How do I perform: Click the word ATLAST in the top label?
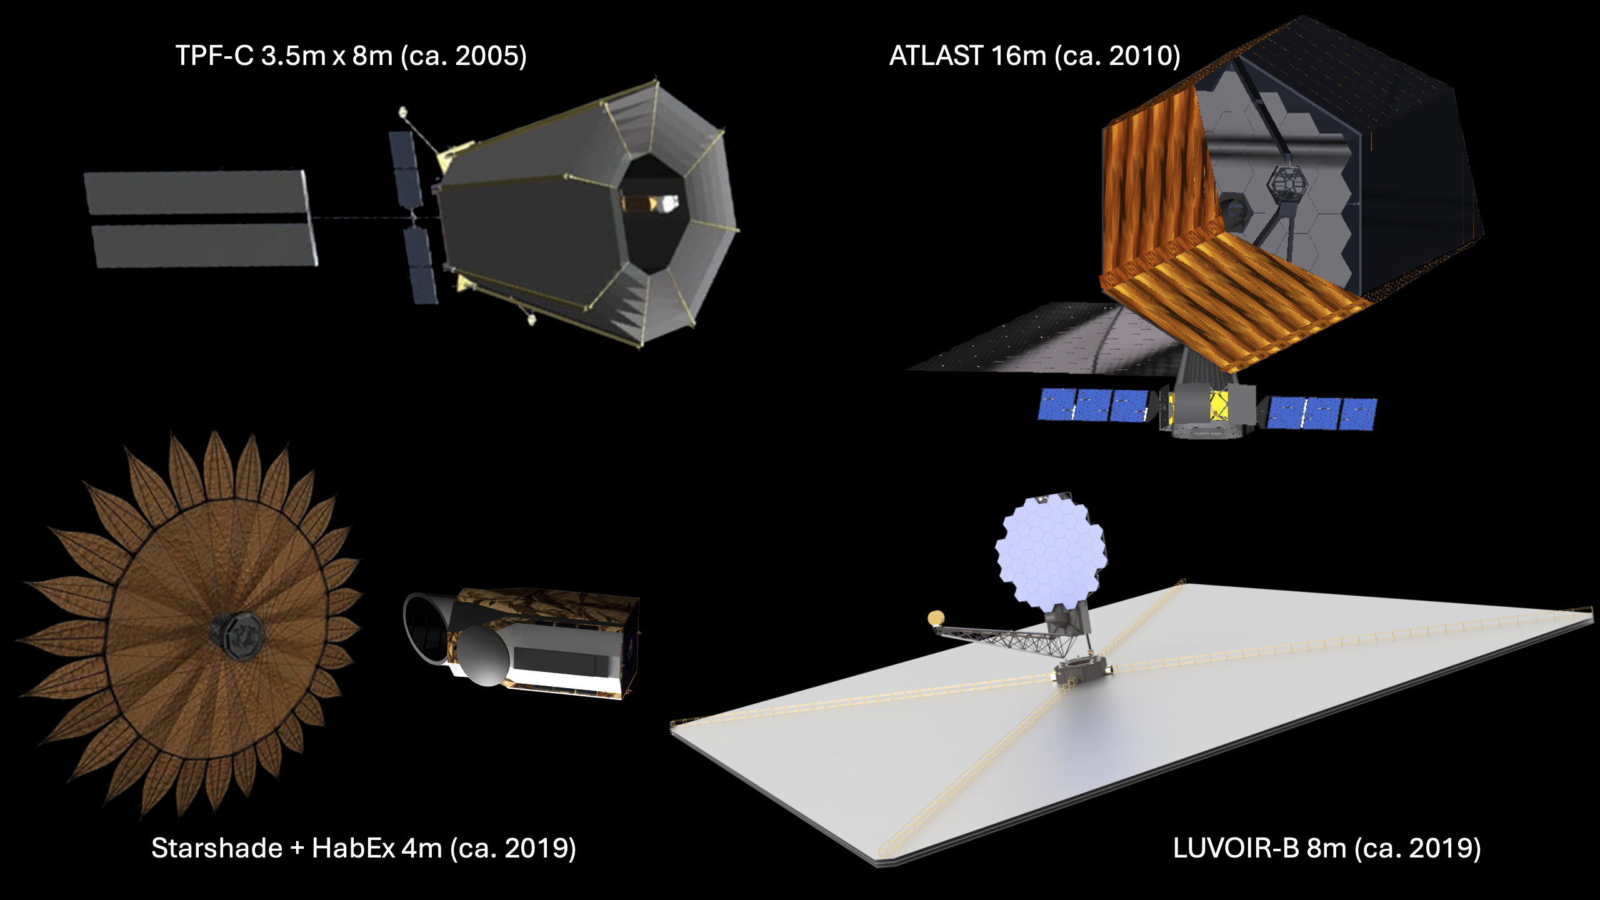coord(936,56)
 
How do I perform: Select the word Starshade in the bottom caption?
coord(217,848)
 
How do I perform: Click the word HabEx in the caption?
coord(353,848)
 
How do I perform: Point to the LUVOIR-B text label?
coord(1236,848)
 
